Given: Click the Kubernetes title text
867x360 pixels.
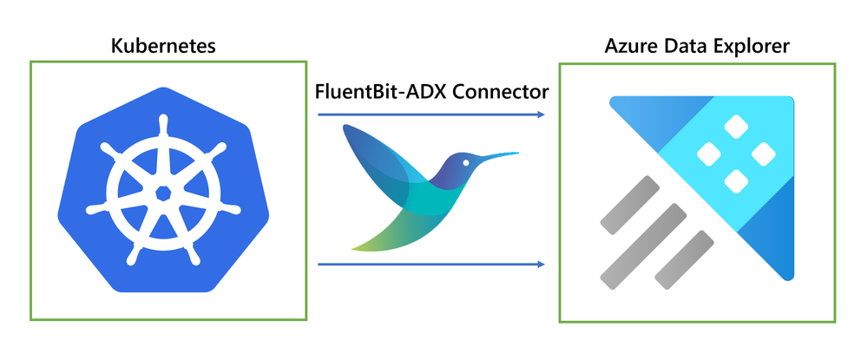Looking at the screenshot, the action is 163,46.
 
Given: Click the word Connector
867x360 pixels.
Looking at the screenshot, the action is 501,91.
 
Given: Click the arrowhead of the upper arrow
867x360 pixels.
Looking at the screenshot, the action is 542,115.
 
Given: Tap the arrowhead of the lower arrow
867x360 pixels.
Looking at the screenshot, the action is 542,265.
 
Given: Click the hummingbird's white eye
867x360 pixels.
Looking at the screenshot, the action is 466,162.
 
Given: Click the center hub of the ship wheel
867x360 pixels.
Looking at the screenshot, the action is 163,193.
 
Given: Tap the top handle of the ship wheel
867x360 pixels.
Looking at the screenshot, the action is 162,124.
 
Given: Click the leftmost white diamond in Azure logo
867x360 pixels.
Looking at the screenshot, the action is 709,154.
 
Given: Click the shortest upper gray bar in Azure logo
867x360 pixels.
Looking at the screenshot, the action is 630,206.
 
